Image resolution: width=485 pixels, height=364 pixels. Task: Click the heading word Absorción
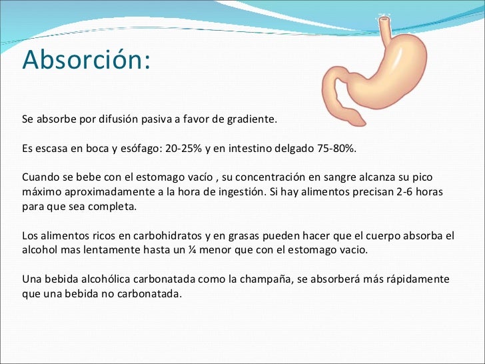(x=87, y=60)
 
